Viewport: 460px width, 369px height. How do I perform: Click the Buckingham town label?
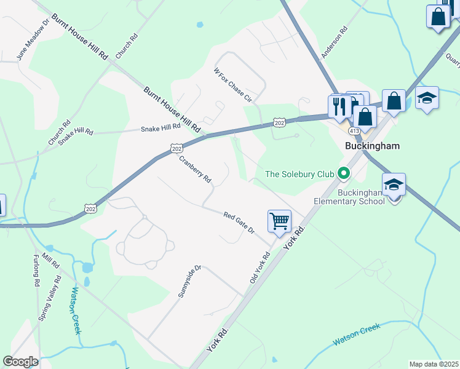click(372, 146)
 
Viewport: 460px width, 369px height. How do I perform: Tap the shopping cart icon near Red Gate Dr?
click(279, 221)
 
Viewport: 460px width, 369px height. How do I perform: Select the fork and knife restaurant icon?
click(339, 106)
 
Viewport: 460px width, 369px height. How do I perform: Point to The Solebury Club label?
click(299, 175)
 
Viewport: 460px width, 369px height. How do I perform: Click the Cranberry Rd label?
click(195, 169)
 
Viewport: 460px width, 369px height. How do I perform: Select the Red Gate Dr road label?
click(239, 223)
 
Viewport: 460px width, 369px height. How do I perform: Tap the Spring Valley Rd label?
click(50, 299)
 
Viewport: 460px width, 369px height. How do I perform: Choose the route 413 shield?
click(354, 131)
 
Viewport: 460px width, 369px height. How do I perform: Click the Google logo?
click(20, 362)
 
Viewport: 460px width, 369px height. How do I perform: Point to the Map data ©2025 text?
click(433, 364)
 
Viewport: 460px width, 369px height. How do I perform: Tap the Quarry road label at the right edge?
click(453, 60)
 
